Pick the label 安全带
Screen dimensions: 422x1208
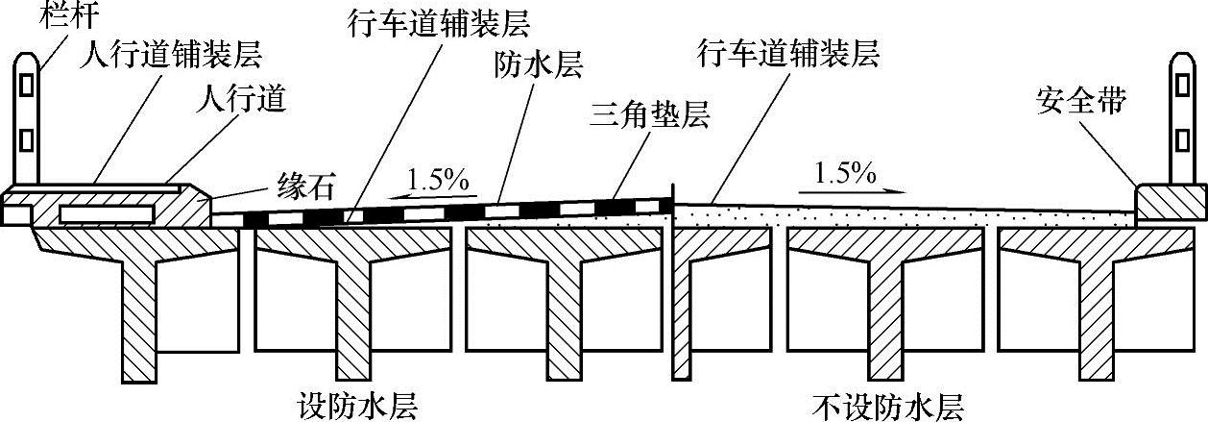(1078, 98)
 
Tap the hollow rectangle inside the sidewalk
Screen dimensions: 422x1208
(106, 211)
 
